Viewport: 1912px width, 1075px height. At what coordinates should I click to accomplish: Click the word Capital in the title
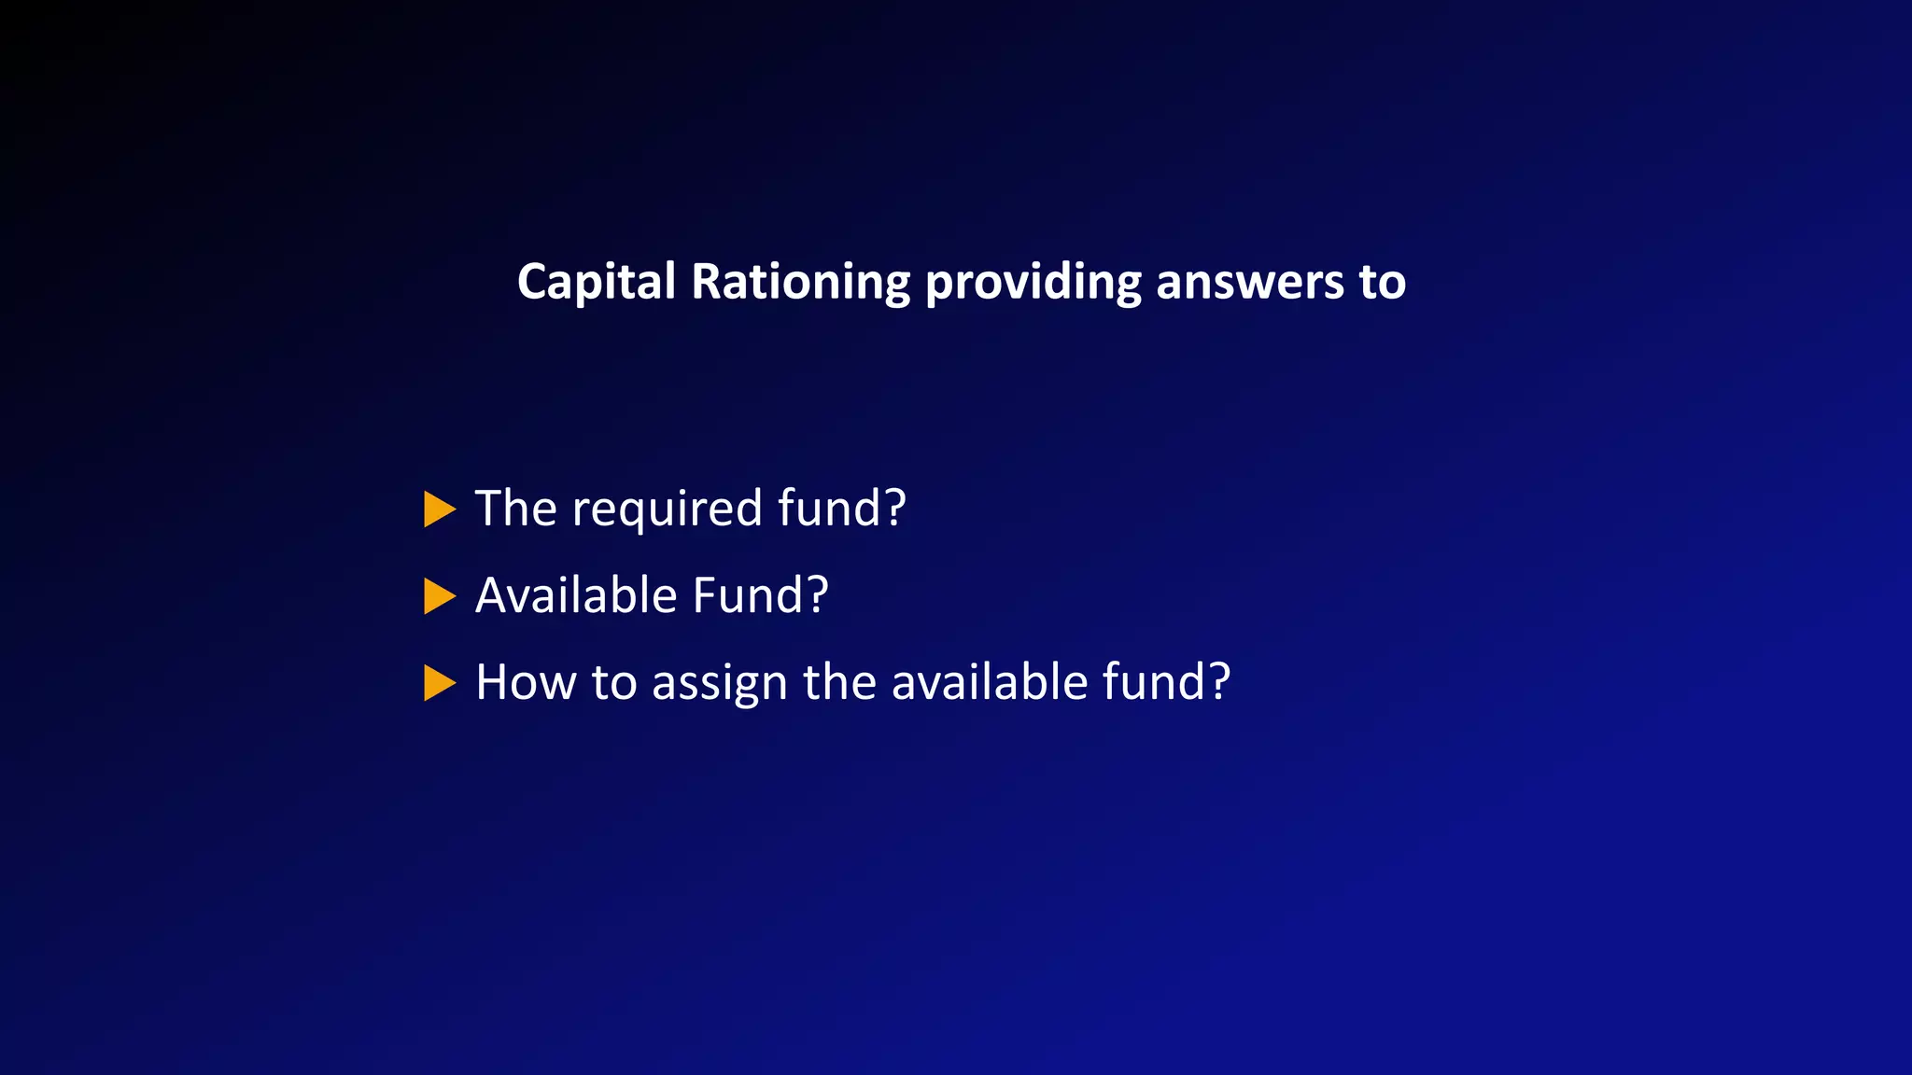(596, 282)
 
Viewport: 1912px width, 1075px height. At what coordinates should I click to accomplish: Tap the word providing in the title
(1033, 282)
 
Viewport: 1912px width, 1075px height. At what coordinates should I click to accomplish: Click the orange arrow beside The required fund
(439, 510)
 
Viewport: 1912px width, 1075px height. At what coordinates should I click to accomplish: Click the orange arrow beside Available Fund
(439, 596)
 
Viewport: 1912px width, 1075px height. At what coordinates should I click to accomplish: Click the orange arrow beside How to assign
(439, 683)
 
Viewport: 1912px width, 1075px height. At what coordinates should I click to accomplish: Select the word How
(526, 682)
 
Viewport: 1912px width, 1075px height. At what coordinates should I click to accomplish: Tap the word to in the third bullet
(613, 682)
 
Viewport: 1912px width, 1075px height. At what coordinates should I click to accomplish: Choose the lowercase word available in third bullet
(990, 682)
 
